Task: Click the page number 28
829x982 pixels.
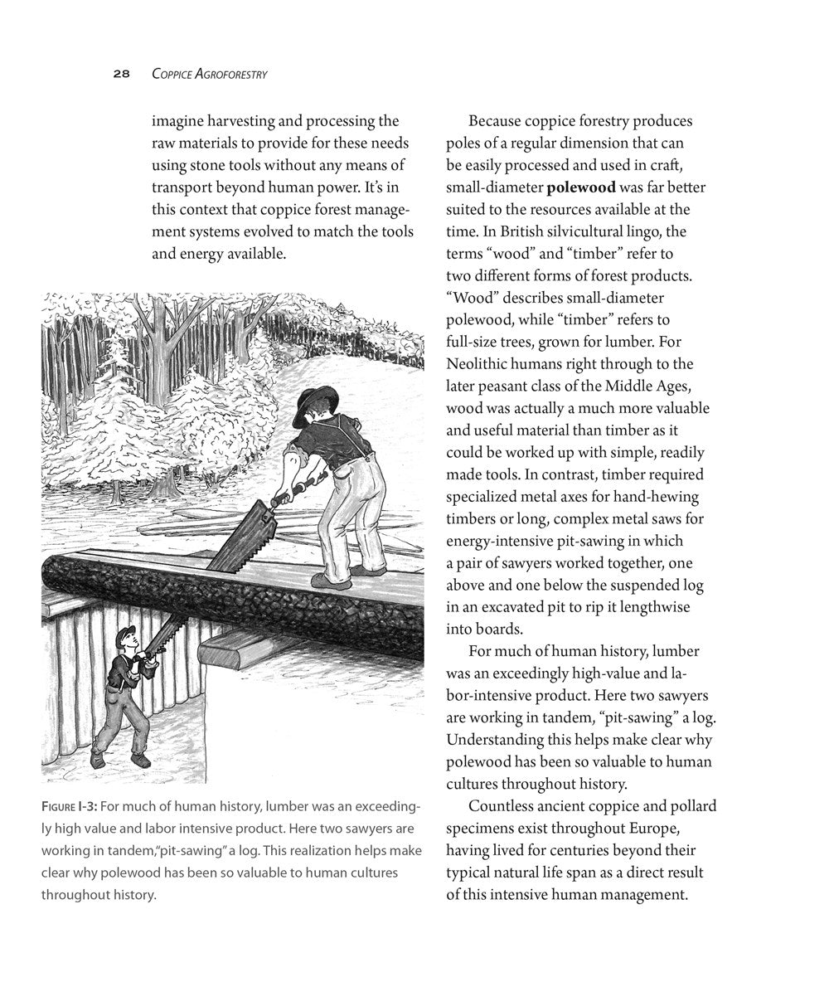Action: [x=121, y=74]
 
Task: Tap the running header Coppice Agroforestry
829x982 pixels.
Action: [x=209, y=74]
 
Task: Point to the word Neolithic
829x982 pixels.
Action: [x=480, y=363]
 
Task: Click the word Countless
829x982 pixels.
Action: [x=502, y=806]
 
